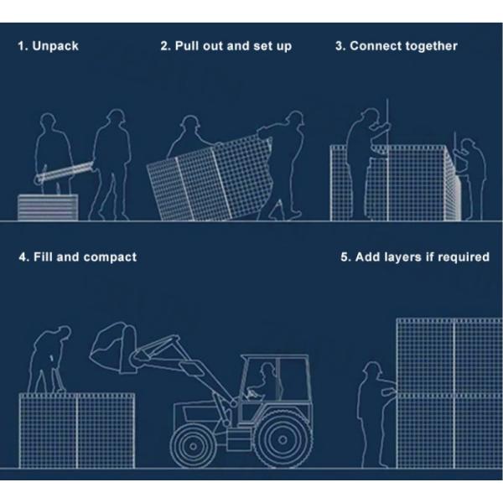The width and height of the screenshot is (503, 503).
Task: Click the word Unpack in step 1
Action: (55, 46)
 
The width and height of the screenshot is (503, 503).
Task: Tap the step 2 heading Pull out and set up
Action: (233, 46)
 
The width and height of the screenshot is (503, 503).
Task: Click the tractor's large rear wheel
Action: (283, 439)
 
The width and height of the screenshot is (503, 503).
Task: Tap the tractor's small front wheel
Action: (193, 446)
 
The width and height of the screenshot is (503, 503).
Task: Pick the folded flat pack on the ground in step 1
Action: (48, 207)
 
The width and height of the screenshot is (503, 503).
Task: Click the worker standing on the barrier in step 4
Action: (49, 359)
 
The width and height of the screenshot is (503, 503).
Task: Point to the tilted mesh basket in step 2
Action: (210, 179)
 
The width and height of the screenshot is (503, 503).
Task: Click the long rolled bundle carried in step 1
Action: (65, 173)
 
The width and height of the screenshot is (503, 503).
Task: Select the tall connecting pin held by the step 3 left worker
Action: (387, 159)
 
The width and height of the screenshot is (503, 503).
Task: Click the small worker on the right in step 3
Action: (470, 179)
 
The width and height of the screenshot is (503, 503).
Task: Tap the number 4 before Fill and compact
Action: (23, 257)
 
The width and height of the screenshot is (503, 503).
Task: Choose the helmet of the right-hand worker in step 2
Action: (294, 117)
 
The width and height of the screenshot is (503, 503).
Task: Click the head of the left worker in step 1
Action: (48, 122)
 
